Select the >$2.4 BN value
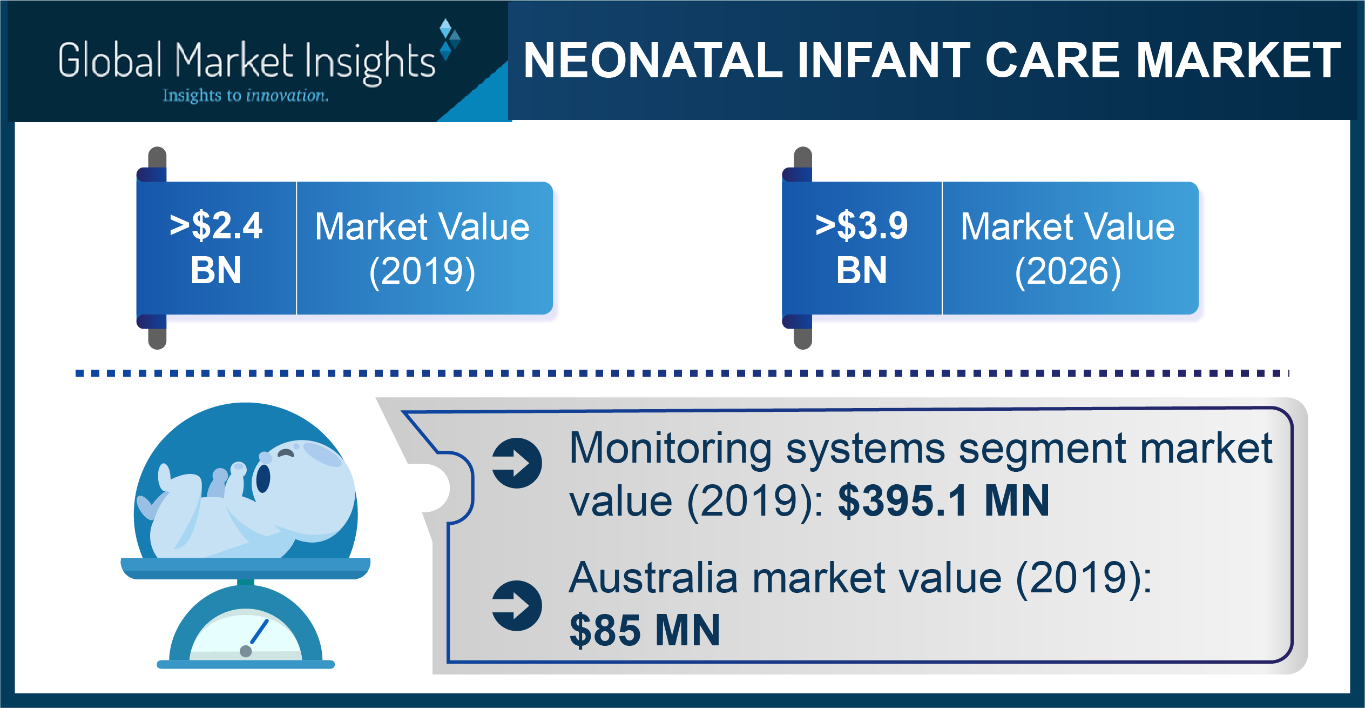216,248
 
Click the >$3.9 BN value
862,248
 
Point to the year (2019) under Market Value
422,271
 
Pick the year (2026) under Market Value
1068,271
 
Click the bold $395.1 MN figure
943,501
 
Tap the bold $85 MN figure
645,630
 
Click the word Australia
653,578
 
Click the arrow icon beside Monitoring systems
517,463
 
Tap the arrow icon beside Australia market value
517,606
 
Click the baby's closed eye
286,453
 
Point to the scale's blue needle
259,632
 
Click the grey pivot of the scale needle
246,651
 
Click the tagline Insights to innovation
246,96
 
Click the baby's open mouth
262,478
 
